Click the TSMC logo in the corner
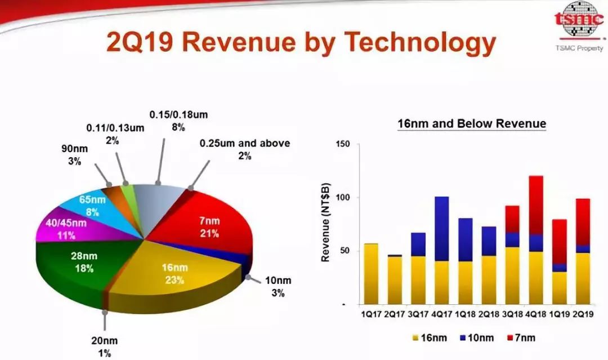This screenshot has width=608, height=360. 579,19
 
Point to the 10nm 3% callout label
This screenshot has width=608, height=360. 278,286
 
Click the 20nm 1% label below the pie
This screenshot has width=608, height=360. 104,347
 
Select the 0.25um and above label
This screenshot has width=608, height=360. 245,149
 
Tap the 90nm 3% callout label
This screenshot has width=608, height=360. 74,155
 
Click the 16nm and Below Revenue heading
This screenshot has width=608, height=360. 472,124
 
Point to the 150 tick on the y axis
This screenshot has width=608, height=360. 343,144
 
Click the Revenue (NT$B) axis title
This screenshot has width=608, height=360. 325,223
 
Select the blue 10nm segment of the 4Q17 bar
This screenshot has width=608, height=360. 442,229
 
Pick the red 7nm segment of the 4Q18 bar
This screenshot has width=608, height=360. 535,205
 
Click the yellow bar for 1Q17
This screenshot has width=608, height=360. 371,274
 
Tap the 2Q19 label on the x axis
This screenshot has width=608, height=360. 583,314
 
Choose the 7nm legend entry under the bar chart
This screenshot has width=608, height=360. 521,338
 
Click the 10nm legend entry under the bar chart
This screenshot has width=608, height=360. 477,338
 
